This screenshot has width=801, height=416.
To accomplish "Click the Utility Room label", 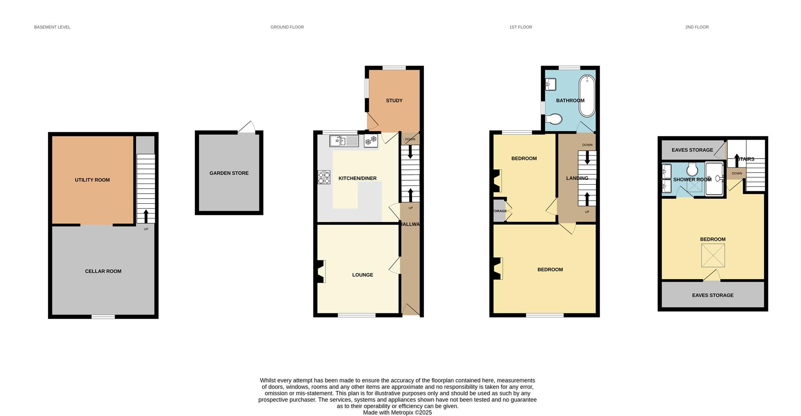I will (x=92, y=180).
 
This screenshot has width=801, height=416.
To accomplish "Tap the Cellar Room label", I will (x=103, y=271).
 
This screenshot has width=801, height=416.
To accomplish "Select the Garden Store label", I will (x=229, y=173).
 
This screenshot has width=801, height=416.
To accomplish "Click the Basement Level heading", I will (x=52, y=27).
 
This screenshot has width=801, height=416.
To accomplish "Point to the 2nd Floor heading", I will (x=697, y=27).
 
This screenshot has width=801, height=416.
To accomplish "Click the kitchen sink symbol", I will (x=344, y=141).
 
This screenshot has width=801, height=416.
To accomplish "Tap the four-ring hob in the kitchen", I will (x=324, y=177).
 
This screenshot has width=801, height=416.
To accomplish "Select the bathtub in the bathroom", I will (x=587, y=96).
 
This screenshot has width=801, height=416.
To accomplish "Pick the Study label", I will (x=394, y=101).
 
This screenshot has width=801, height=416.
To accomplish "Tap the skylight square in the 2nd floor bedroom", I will (x=713, y=255).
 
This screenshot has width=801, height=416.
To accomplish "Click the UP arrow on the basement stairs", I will (x=146, y=216).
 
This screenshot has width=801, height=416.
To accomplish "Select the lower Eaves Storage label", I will (x=713, y=295).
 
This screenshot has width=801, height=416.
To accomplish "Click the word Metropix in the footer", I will (x=402, y=412).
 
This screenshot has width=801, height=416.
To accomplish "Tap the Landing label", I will (x=577, y=178).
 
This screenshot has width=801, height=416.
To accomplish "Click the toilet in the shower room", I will (x=692, y=169).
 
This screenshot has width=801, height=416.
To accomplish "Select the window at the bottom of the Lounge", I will (x=356, y=315).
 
